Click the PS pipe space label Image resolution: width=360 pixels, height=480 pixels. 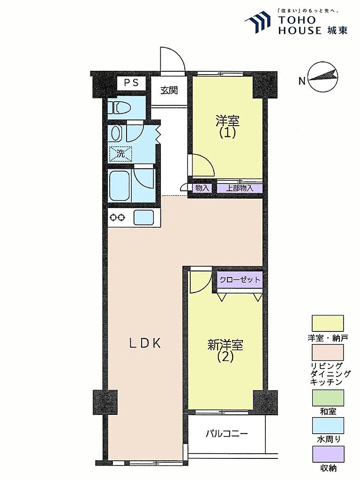pyautogui.click(x=131, y=82)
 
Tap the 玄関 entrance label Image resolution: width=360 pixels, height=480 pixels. pyautogui.click(x=169, y=90)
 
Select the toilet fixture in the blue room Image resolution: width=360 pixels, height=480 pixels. pyautogui.click(x=121, y=108)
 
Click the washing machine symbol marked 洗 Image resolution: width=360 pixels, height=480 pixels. pyautogui.click(x=121, y=154)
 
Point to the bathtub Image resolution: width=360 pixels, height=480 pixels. pyautogui.click(x=120, y=186)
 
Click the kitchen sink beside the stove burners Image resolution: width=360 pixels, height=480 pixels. pyautogui.click(x=144, y=217)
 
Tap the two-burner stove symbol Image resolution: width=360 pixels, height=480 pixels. pyautogui.click(x=118, y=217)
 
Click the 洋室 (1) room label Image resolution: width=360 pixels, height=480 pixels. pyautogui.click(x=227, y=127)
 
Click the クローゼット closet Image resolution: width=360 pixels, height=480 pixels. pyautogui.click(x=240, y=280)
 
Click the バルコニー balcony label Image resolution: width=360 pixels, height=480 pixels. pyautogui.click(x=226, y=434)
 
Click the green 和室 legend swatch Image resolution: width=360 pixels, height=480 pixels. pyautogui.click(x=328, y=397)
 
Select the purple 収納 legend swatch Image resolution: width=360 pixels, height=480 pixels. pyautogui.click(x=328, y=454)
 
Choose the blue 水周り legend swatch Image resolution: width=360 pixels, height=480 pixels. pyautogui.click(x=328, y=425)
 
